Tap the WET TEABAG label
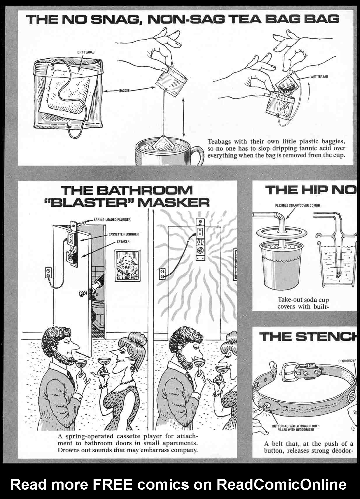(x=319, y=76)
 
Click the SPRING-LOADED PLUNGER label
(x=112, y=219)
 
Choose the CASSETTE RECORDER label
(x=124, y=234)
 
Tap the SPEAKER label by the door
(x=123, y=241)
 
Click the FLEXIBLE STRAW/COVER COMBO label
(x=298, y=205)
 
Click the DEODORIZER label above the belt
(x=347, y=361)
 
